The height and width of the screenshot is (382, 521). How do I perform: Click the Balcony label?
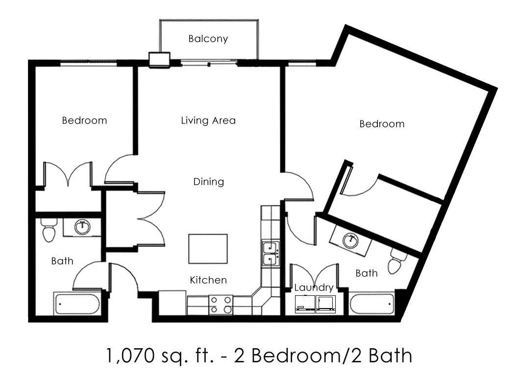[208, 39]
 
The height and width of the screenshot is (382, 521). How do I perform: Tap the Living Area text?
[208, 120]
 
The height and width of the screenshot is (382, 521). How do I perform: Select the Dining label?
[208, 182]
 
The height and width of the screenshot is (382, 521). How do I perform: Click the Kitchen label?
[208, 280]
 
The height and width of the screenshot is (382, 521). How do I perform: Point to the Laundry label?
[314, 287]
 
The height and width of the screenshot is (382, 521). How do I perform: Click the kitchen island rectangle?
[208, 248]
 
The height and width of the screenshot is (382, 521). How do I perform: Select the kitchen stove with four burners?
[221, 305]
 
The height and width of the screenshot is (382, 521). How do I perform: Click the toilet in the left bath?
[48, 231]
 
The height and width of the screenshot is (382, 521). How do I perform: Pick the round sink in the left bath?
[81, 227]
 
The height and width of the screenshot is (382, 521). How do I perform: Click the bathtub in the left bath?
[77, 304]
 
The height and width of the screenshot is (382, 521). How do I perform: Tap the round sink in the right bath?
[350, 240]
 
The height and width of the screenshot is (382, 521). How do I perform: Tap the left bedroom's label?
[84, 120]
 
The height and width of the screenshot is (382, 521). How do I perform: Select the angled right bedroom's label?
[382, 124]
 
